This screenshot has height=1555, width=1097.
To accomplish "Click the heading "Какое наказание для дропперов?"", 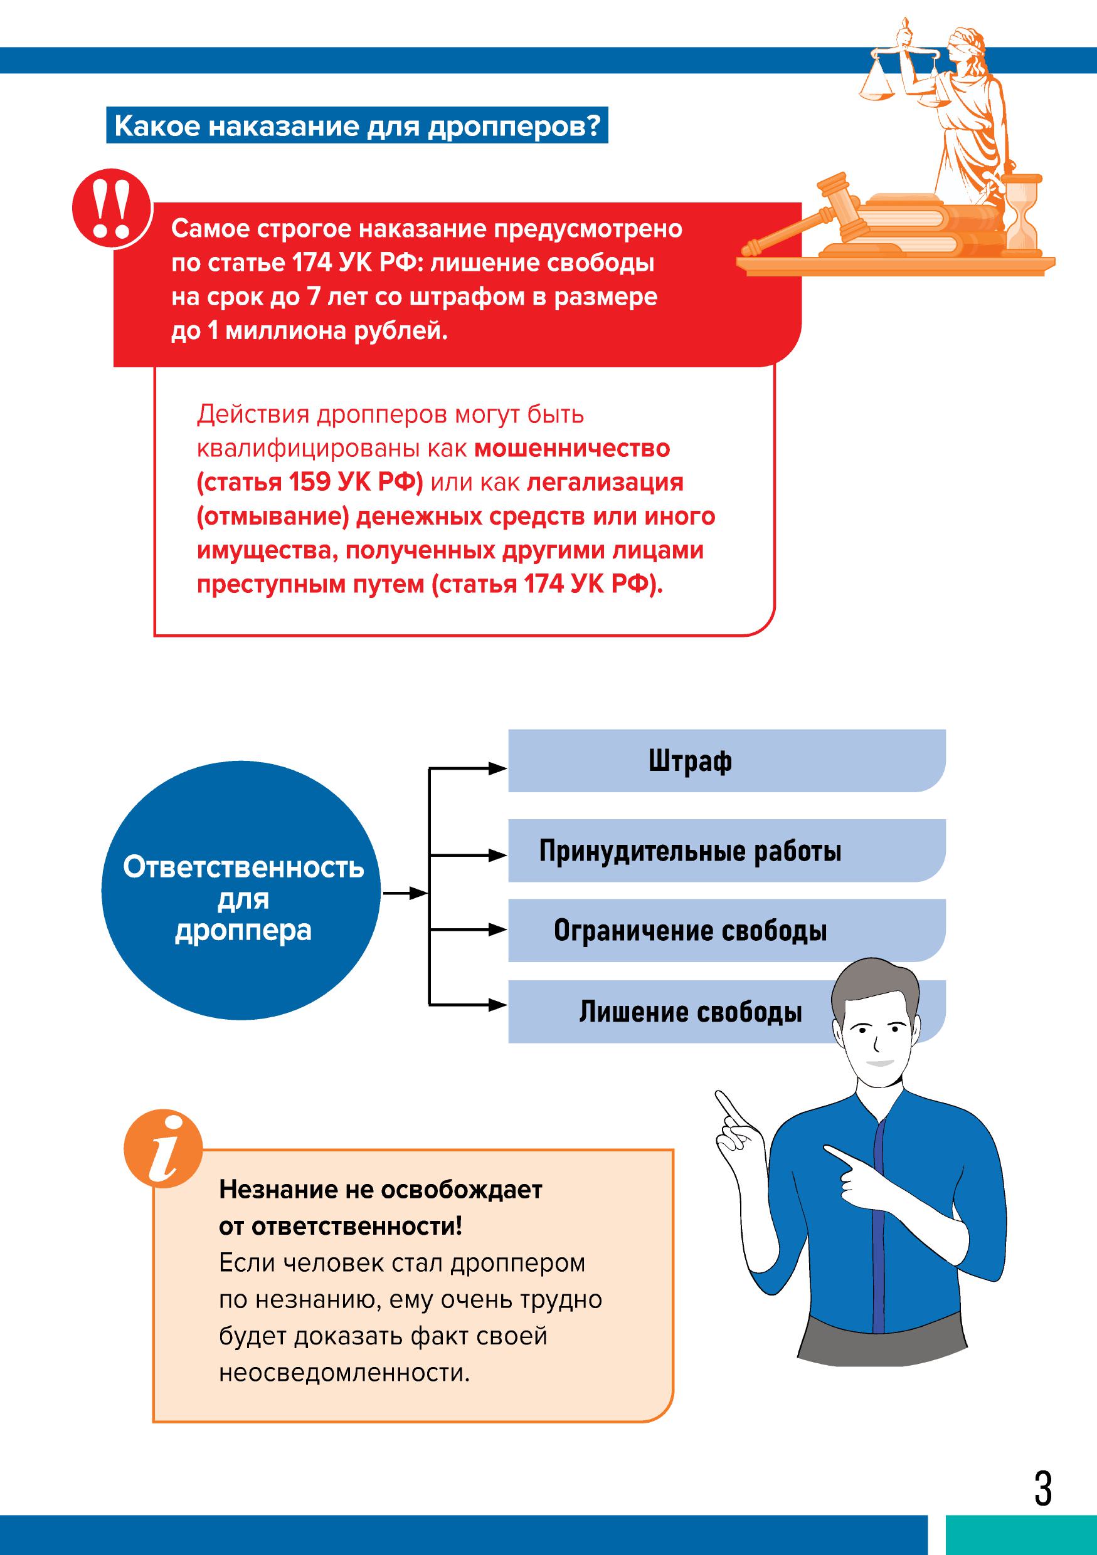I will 357,127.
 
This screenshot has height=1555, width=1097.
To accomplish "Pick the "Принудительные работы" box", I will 726,851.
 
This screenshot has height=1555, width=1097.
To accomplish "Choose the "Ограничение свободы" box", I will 726,931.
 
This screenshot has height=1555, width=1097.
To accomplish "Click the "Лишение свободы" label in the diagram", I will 691,1012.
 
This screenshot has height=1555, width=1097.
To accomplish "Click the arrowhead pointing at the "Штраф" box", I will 499,768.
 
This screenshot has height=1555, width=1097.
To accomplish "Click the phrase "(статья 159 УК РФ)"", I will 310,482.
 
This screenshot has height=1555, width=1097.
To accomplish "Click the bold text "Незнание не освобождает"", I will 380,1190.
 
